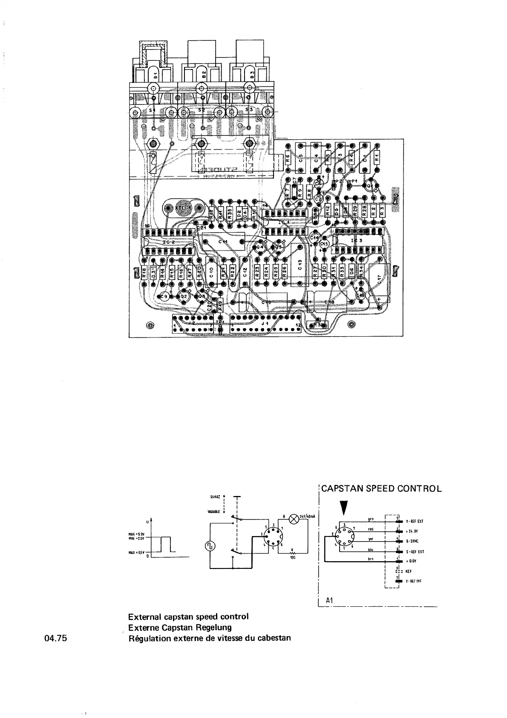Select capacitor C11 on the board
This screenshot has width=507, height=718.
point(223,242)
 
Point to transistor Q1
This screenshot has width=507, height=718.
point(370,185)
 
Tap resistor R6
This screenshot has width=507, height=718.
point(288,157)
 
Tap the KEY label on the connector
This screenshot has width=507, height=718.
point(409,571)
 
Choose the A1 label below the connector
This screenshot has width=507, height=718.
point(329,600)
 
